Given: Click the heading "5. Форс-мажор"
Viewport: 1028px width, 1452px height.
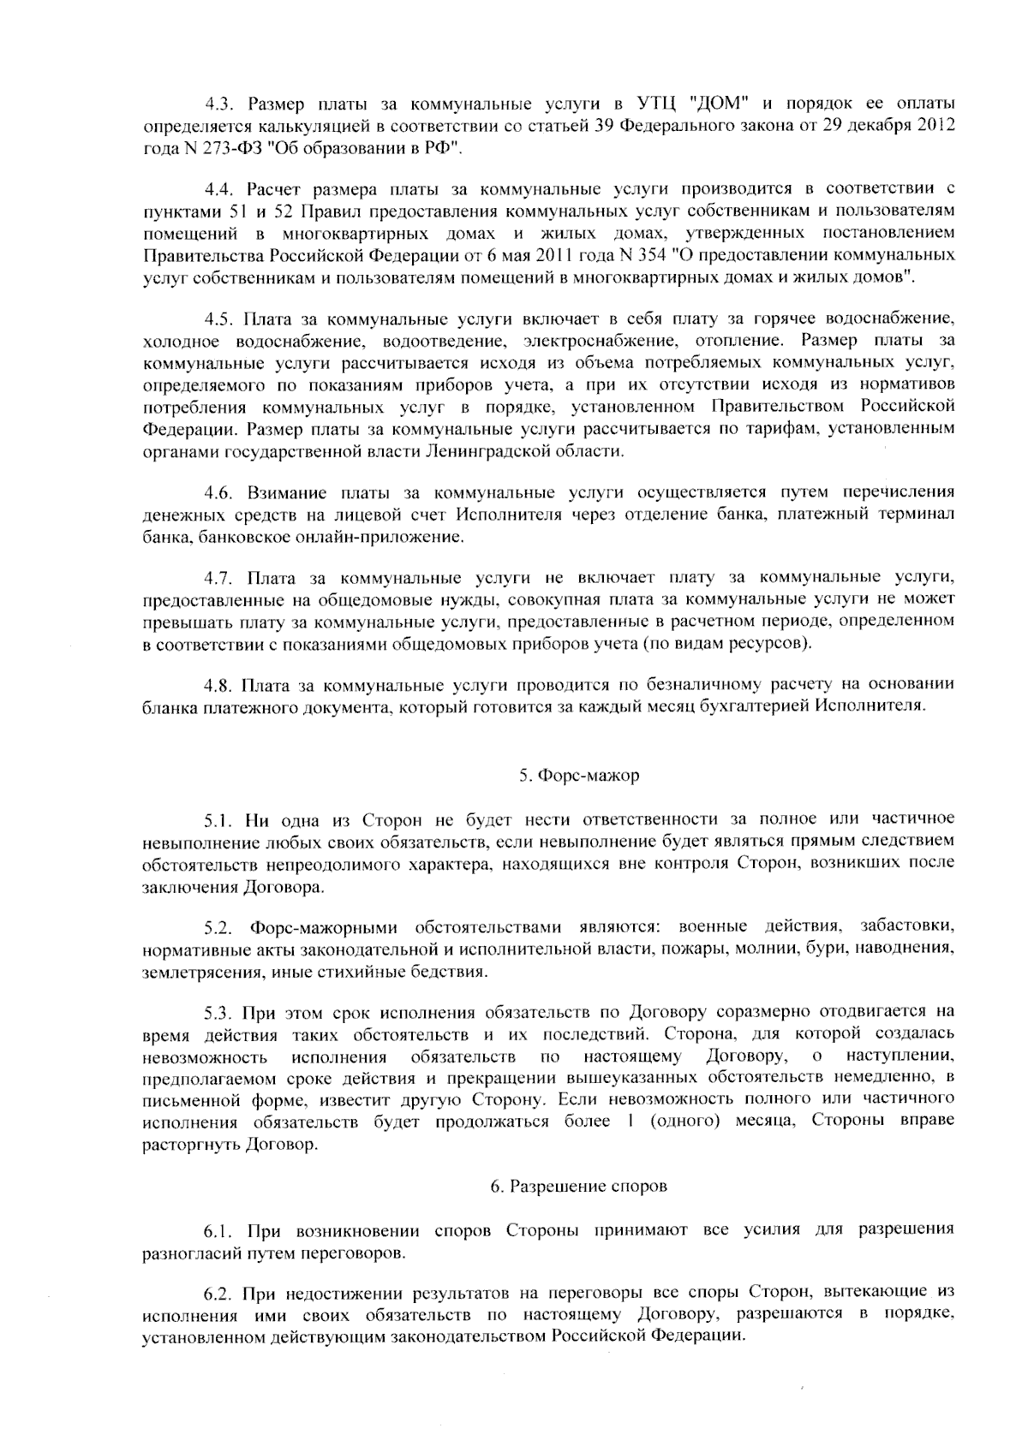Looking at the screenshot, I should (578, 776).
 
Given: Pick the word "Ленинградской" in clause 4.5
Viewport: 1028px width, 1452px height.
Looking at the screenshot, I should (481, 451).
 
